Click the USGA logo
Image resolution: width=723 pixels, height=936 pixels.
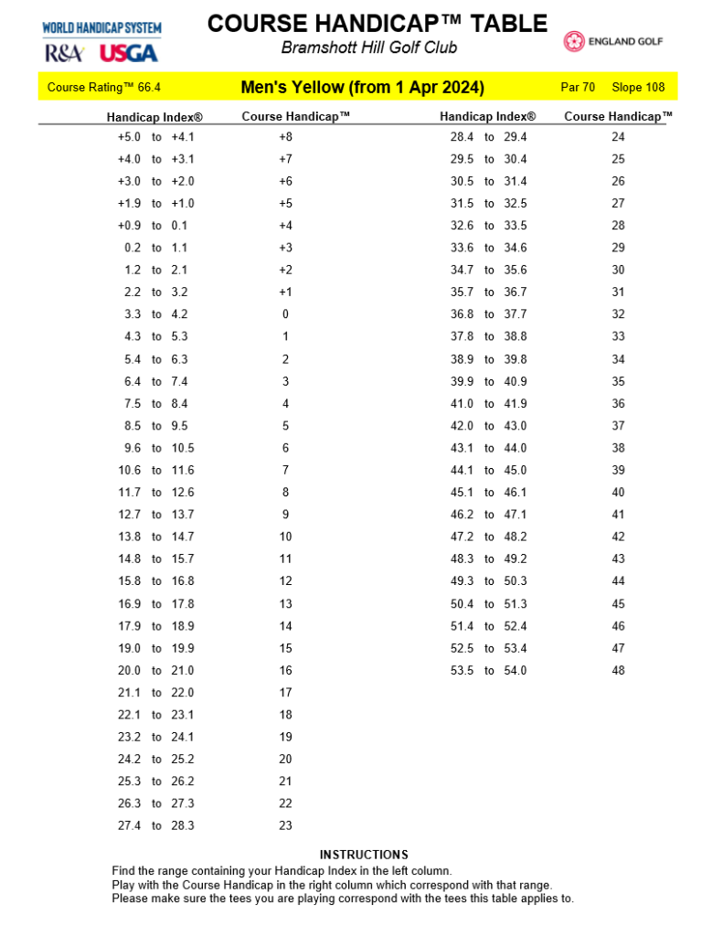click(128, 53)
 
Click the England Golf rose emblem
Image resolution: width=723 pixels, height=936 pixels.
click(574, 42)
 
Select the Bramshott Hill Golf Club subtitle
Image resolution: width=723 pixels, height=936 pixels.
click(369, 48)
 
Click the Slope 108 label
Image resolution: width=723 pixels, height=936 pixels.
click(638, 88)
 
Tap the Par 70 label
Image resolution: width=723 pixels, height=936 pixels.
click(577, 88)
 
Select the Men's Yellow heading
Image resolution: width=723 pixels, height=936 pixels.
click(362, 88)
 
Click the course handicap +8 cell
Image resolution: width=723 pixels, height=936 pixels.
click(285, 137)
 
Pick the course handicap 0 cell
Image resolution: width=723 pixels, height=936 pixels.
click(285, 314)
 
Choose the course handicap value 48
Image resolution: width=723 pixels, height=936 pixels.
click(618, 670)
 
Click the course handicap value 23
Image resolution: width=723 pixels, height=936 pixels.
click(285, 825)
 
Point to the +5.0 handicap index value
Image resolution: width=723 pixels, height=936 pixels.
click(129, 137)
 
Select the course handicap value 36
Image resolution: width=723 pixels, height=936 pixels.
click(618, 403)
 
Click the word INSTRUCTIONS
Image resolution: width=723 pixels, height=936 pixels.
click(364, 855)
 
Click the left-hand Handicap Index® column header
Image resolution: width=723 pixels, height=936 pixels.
click(154, 117)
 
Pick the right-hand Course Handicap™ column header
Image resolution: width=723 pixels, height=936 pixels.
click(618, 116)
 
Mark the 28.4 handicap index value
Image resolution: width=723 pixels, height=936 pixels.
click(462, 137)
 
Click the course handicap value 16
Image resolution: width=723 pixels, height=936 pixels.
click(285, 670)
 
